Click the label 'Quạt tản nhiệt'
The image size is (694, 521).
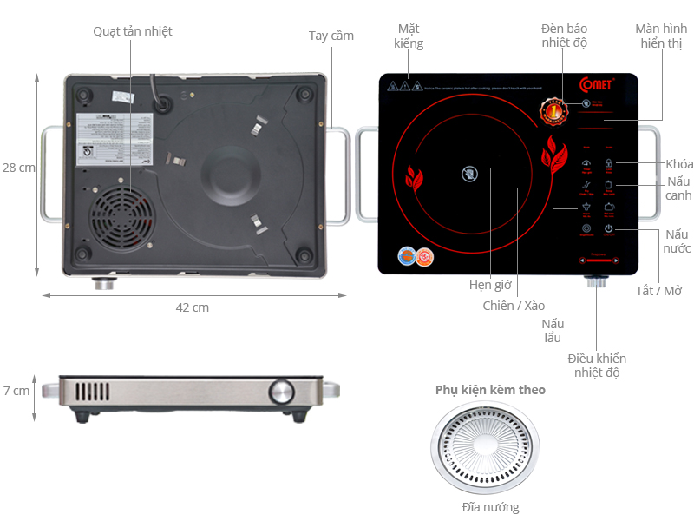133,31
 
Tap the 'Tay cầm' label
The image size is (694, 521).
331,36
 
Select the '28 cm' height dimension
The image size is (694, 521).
17,168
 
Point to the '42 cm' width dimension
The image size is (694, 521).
192,307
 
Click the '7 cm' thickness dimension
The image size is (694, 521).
16,391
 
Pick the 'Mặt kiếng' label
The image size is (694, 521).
409,36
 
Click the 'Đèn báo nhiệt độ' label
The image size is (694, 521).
566,35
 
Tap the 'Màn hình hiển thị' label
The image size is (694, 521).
661,36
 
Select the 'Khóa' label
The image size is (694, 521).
679,164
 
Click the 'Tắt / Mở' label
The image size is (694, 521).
658,290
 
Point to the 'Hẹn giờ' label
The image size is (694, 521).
490,285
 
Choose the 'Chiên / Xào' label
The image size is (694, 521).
514,306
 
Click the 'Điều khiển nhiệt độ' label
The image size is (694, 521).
597,366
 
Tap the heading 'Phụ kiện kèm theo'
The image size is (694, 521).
490,390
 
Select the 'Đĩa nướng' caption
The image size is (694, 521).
490,507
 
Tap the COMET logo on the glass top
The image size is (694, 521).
598,84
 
